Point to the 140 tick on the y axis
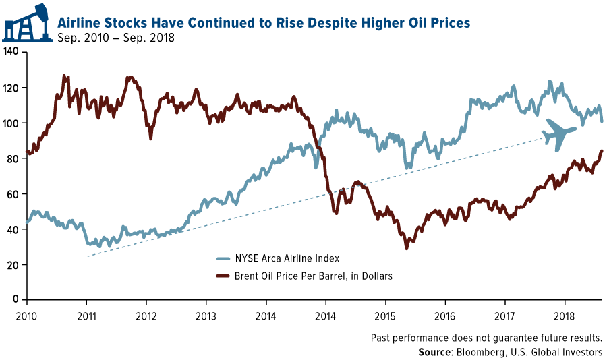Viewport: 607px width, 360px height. coord(12,53)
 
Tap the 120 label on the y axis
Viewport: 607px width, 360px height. coord(12,88)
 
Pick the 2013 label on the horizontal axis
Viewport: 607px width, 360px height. coord(206,315)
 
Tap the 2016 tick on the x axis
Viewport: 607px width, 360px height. coord(444,315)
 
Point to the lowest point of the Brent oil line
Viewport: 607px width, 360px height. coord(406,249)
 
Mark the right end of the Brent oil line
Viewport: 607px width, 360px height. coord(602,151)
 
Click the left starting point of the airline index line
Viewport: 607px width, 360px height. coord(27,222)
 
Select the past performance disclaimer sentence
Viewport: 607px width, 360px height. coord(486,338)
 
